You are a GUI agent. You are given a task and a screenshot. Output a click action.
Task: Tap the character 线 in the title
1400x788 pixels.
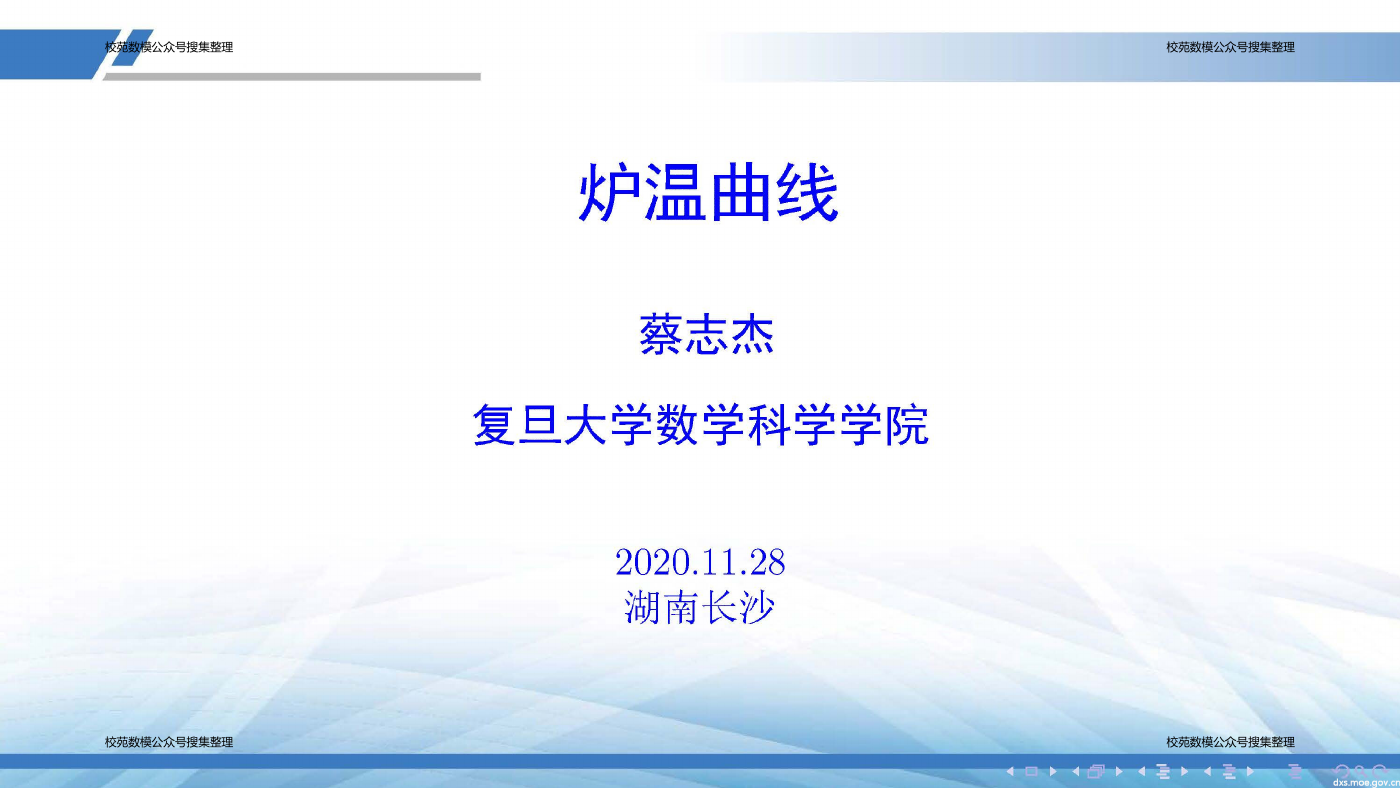806,192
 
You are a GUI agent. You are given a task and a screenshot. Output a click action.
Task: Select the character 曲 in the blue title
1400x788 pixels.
740,192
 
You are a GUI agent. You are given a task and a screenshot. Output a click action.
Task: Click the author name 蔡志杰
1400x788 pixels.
706,335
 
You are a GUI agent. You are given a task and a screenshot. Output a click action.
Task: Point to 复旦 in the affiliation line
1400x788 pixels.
518,425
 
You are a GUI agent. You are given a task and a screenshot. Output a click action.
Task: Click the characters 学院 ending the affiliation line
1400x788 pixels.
884,425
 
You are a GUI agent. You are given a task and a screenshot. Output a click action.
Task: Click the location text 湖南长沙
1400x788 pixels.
699,607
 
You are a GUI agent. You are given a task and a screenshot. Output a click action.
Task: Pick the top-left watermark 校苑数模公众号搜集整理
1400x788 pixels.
169,47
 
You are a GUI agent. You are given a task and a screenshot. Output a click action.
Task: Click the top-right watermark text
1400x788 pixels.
1230,47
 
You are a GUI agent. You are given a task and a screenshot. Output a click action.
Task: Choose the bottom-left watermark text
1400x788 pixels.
169,742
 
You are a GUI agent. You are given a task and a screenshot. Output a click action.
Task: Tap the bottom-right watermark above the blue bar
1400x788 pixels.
1230,742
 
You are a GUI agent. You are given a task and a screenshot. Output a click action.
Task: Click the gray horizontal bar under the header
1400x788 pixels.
292,77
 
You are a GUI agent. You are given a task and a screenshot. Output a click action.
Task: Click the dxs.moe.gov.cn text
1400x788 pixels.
1366,782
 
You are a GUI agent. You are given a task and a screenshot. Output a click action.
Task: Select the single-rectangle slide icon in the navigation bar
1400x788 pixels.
1031,772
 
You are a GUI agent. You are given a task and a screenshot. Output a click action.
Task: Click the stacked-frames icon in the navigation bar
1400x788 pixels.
1096,772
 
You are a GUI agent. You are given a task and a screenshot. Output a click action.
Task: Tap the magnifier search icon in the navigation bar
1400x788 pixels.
1360,771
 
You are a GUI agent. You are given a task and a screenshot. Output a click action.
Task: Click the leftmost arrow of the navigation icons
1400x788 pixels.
1010,772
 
